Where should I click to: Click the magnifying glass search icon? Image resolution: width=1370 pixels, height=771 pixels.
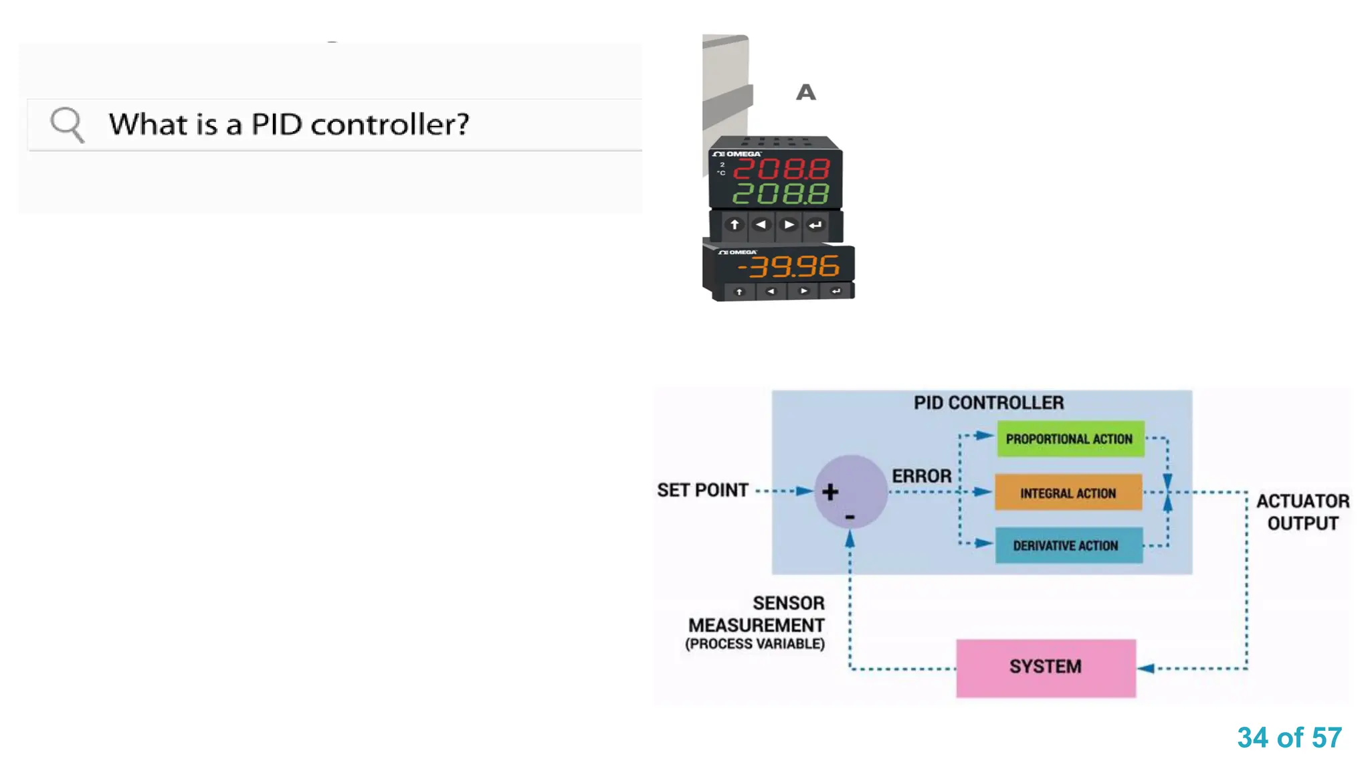coord(67,124)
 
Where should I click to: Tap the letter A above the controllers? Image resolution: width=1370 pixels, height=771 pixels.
coord(806,92)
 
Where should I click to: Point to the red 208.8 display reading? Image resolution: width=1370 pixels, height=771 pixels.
coord(781,169)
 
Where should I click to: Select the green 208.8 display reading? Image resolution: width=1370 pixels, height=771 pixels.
coord(781,194)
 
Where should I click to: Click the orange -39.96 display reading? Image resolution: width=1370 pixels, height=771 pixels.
coord(788,267)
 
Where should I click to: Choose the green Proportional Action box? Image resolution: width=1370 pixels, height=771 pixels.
coord(1070,439)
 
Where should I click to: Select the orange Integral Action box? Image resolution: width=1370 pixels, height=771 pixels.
coord(1068,493)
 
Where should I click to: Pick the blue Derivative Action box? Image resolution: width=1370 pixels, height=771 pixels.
coord(1068,545)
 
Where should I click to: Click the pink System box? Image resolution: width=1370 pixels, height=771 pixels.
coord(1046,667)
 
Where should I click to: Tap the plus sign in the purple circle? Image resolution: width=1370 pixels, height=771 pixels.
coord(830,492)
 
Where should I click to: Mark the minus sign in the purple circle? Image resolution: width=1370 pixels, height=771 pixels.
coord(850,517)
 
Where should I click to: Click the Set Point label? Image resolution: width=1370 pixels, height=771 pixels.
coord(702,491)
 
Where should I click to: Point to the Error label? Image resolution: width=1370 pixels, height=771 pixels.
coord(921,476)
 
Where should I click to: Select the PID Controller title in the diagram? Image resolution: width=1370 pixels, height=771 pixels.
coord(989,403)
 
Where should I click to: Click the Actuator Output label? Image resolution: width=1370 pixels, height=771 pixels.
coord(1302,512)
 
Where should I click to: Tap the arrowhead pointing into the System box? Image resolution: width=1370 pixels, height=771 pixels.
coord(1146,668)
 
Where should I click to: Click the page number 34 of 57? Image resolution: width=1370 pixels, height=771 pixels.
coord(1289,738)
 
